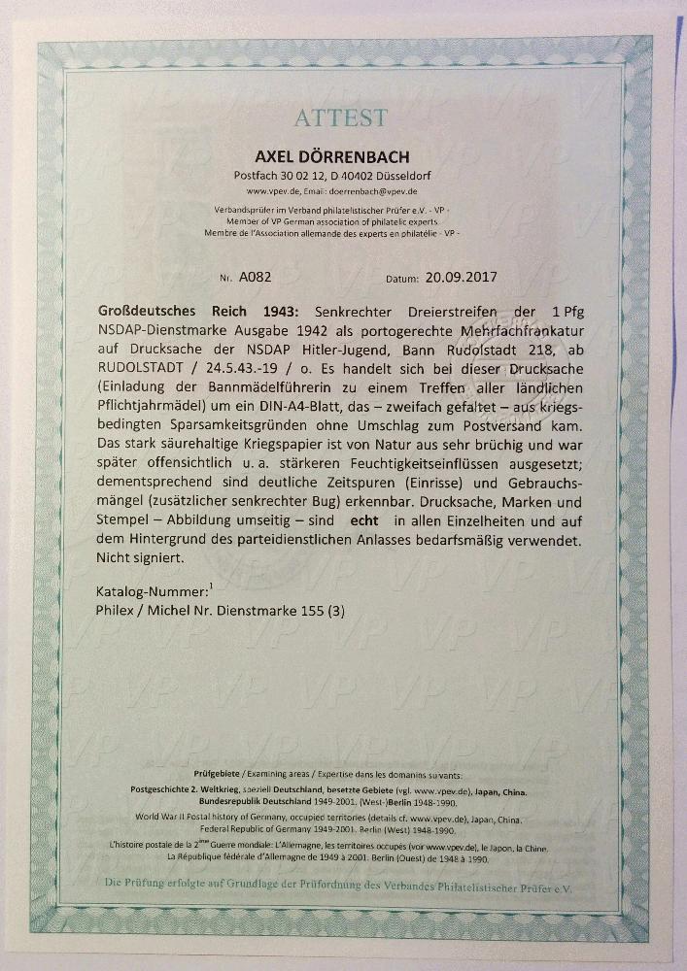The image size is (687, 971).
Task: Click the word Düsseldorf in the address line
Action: click(411, 176)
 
